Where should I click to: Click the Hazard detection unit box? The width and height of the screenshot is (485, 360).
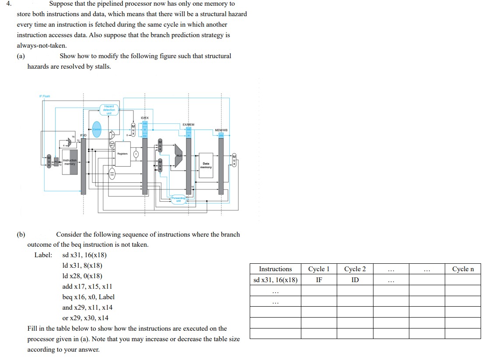pyautogui.click(x=109, y=109)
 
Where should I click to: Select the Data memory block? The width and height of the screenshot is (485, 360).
pyautogui.click(x=206, y=165)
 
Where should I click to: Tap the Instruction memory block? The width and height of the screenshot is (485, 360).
pyautogui.click(x=70, y=164)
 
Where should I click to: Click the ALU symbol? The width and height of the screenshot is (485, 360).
pyautogui.click(x=178, y=161)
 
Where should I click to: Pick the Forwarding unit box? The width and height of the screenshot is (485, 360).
pyautogui.click(x=178, y=199)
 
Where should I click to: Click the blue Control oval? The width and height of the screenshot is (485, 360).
pyautogui.click(x=97, y=129)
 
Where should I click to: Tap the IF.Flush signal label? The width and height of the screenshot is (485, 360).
pyautogui.click(x=45, y=96)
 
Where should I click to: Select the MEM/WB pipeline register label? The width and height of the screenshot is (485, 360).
pyautogui.click(x=221, y=130)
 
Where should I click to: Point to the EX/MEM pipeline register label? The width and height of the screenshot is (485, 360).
pyautogui.click(x=188, y=125)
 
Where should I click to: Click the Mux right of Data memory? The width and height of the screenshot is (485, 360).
pyautogui.click(x=234, y=161)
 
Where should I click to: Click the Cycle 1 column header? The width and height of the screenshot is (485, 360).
pyautogui.click(x=319, y=269)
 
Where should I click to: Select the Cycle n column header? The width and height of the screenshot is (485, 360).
pyautogui.click(x=463, y=269)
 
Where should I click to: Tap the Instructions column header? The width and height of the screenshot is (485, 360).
pyautogui.click(x=276, y=269)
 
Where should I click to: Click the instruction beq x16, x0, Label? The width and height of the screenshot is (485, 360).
pyautogui.click(x=88, y=297)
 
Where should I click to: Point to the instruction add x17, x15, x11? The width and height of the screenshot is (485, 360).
pyautogui.click(x=87, y=287)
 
